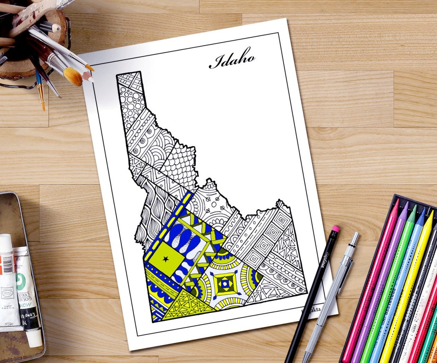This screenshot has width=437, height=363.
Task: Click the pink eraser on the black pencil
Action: coord(335,229)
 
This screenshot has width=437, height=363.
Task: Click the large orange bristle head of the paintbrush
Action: coord(73,77)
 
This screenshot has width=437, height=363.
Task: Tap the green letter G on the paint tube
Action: coord(20,277)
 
